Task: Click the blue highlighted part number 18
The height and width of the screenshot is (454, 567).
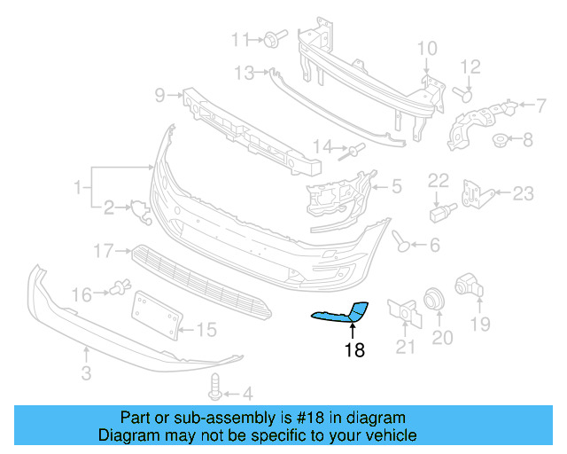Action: (x=342, y=312)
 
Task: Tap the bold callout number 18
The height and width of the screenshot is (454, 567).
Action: (x=354, y=350)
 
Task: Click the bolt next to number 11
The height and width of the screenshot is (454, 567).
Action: (x=270, y=39)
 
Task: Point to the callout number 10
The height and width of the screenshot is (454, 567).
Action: (x=427, y=48)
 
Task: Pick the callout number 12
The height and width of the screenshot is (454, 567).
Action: (x=470, y=67)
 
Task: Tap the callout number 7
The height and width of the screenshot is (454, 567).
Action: (x=527, y=139)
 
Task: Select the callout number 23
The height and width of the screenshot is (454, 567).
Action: (x=524, y=193)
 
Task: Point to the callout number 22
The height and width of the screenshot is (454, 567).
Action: (x=439, y=181)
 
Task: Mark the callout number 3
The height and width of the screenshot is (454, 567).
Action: (x=86, y=373)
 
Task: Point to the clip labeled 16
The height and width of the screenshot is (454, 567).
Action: (x=119, y=288)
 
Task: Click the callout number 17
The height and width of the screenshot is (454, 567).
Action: (x=104, y=251)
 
